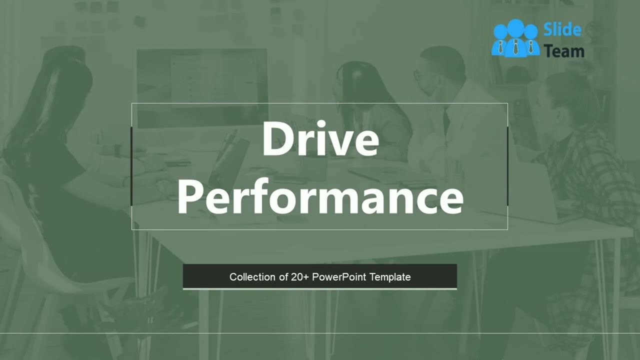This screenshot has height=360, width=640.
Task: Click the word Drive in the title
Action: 320,139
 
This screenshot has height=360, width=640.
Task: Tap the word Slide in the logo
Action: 562,30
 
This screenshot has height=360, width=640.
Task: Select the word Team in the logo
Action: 564,50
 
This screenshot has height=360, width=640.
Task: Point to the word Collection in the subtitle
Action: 252,277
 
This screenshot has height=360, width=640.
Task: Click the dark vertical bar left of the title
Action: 131,166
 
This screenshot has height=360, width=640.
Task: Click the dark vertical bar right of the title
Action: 507,166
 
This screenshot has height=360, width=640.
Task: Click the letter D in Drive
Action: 278,139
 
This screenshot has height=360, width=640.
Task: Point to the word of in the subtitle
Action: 282,277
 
